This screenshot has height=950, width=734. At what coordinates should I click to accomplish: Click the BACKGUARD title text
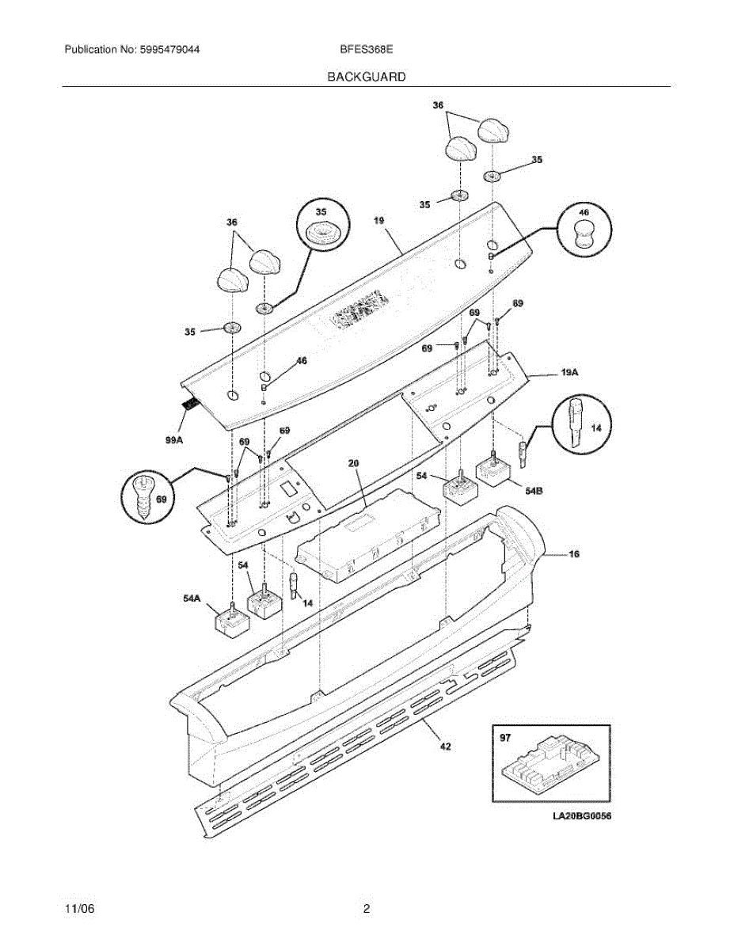click(367, 77)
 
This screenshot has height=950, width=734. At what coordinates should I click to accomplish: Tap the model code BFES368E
click(367, 50)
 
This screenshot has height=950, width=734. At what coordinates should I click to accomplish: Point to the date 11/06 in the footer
click(76, 909)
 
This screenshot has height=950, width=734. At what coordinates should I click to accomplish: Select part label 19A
click(569, 370)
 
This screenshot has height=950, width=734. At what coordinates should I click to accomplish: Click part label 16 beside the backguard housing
click(574, 554)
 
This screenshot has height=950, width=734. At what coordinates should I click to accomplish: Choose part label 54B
click(534, 491)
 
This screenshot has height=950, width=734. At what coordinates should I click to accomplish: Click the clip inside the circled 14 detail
click(576, 425)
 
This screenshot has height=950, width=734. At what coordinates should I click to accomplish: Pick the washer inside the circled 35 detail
click(321, 231)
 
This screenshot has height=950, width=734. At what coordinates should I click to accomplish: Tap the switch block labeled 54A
click(231, 622)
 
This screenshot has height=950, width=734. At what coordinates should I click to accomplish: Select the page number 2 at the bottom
click(367, 909)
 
